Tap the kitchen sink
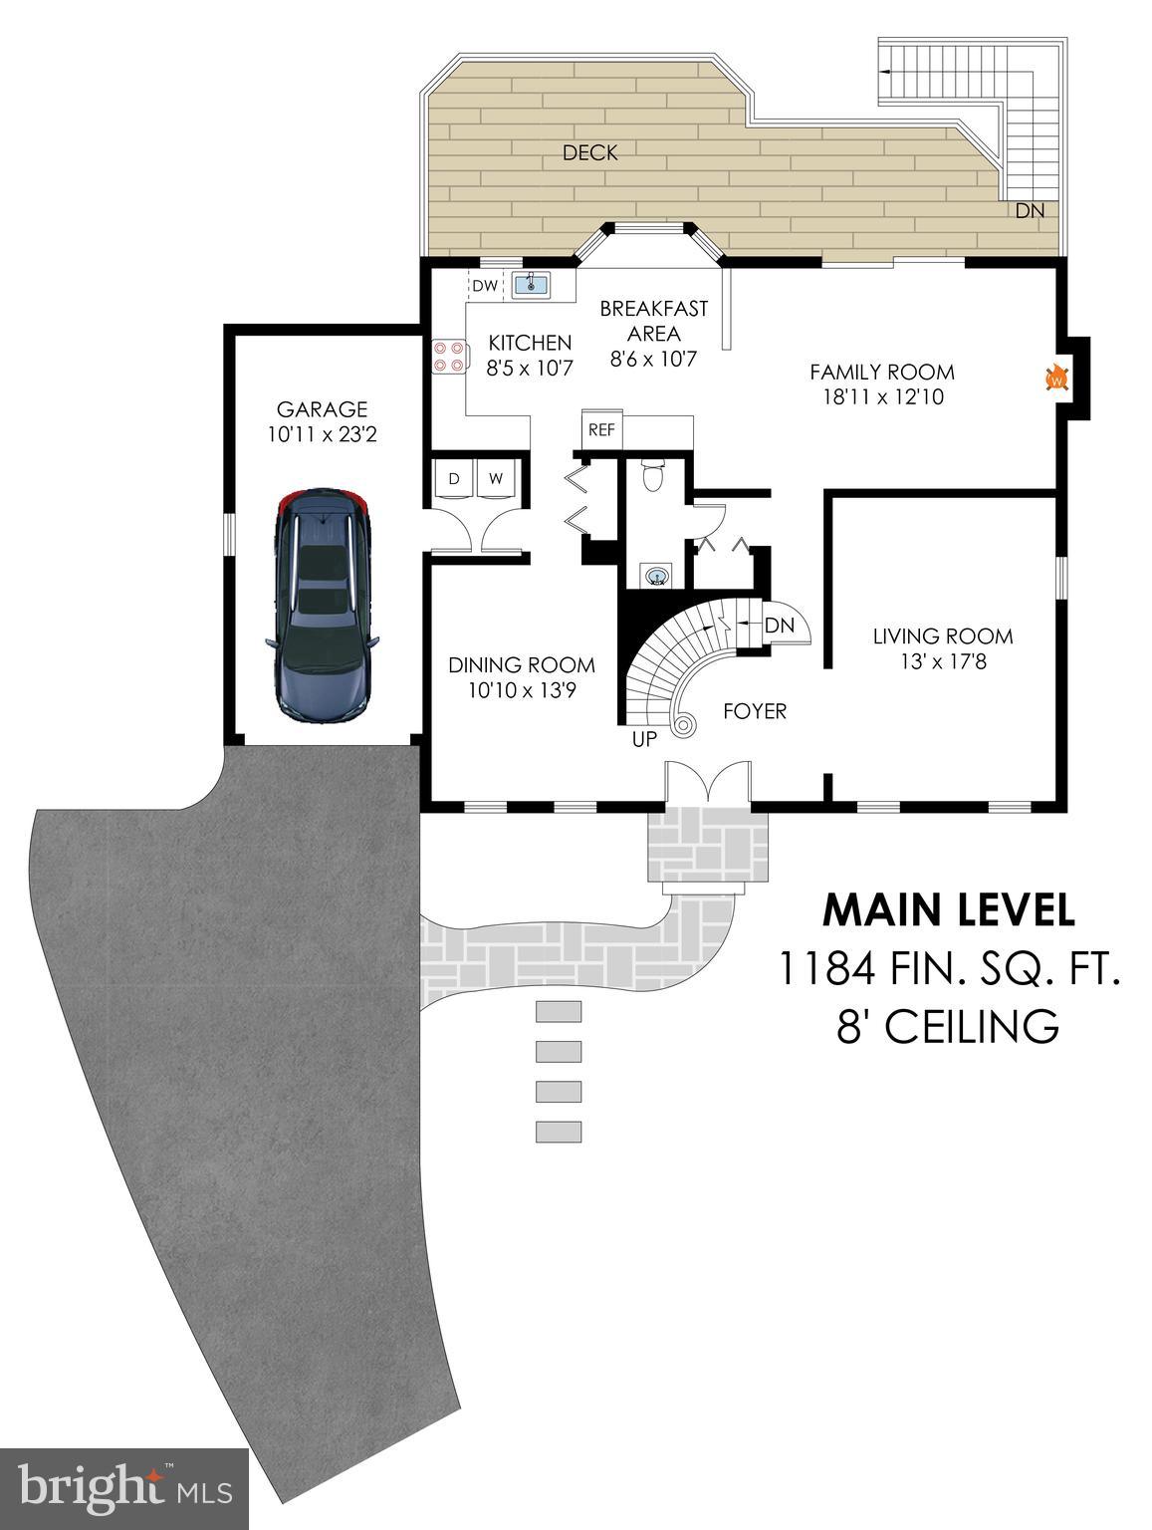pos(531,286)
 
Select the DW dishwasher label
pos(484,286)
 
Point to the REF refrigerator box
pos(600,429)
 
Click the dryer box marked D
pos(454,478)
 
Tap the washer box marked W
pos(496,478)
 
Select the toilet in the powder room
pos(653,476)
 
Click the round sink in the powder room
pos(656,575)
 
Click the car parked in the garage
pos(323,606)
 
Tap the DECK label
pos(589,152)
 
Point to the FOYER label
pos(754,711)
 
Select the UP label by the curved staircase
pos(644,740)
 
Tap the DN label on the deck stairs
pos(1030,211)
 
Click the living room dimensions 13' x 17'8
pos(942,660)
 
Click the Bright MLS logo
pos(123,1488)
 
